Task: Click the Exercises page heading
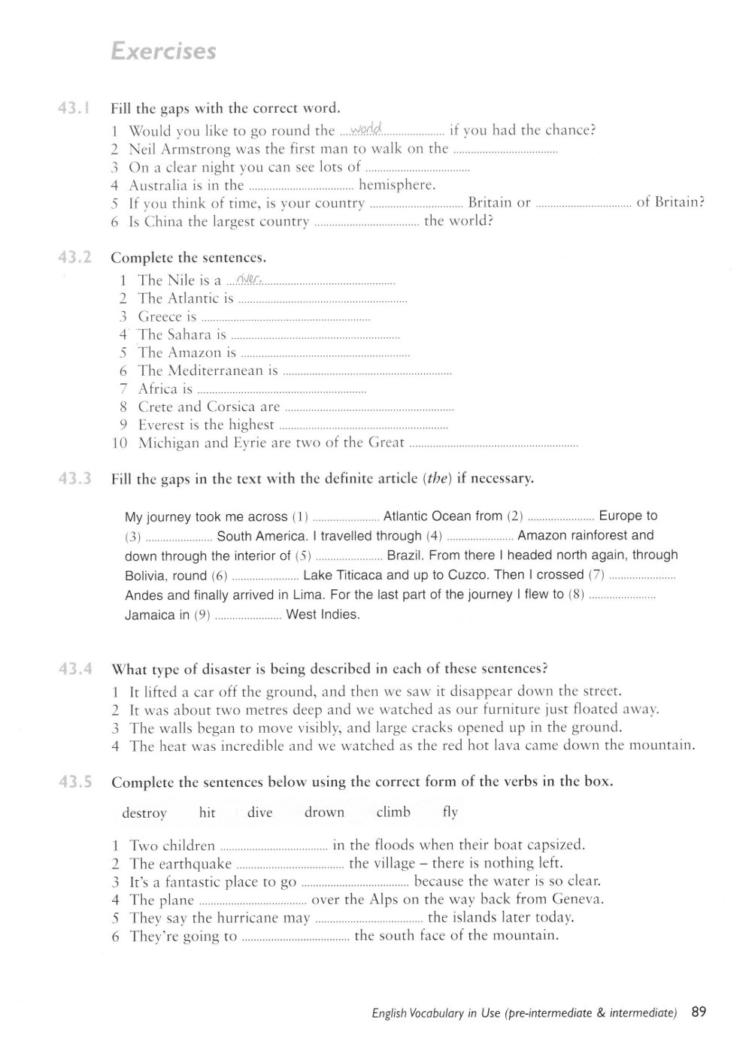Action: tap(162, 51)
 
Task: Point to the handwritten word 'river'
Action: tap(247, 280)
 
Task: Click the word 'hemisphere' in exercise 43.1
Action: tap(397, 185)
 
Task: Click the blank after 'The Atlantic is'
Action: tap(322, 300)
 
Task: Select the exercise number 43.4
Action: tap(74, 668)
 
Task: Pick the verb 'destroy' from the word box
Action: tap(144, 813)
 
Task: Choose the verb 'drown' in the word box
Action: tap(324, 813)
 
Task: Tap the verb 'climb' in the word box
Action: tap(393, 813)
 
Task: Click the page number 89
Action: tap(699, 1012)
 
